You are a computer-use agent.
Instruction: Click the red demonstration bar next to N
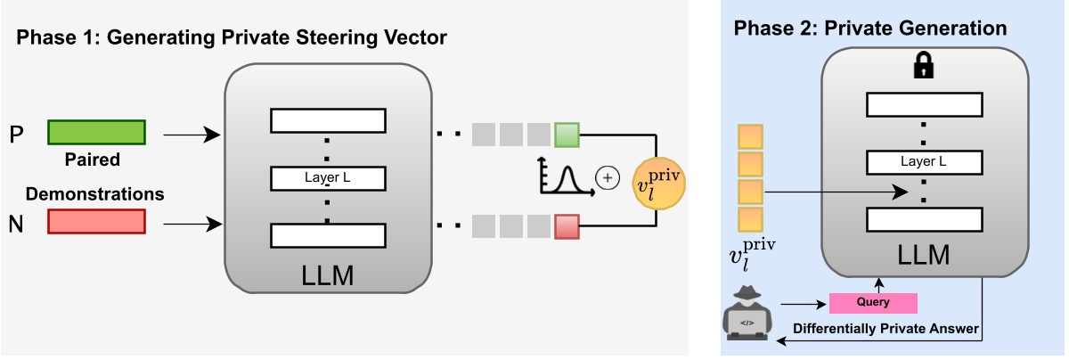click(96, 221)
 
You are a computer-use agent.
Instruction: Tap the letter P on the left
click(16, 135)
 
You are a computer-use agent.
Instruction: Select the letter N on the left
click(16, 224)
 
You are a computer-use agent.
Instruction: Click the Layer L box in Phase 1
click(327, 178)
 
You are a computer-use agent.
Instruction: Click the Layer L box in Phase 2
click(924, 162)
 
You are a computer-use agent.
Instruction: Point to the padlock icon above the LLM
click(924, 66)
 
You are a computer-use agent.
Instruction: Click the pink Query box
click(873, 303)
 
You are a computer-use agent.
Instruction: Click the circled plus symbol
click(608, 178)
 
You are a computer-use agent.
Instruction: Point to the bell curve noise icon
click(566, 176)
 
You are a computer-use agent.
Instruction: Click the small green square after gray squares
click(567, 135)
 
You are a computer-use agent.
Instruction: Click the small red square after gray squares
click(567, 227)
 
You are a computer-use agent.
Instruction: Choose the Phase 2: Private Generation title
click(870, 29)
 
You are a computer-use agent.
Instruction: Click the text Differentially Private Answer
click(886, 330)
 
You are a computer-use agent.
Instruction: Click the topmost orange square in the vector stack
click(750, 136)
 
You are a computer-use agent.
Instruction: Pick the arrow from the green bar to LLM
click(191, 135)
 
